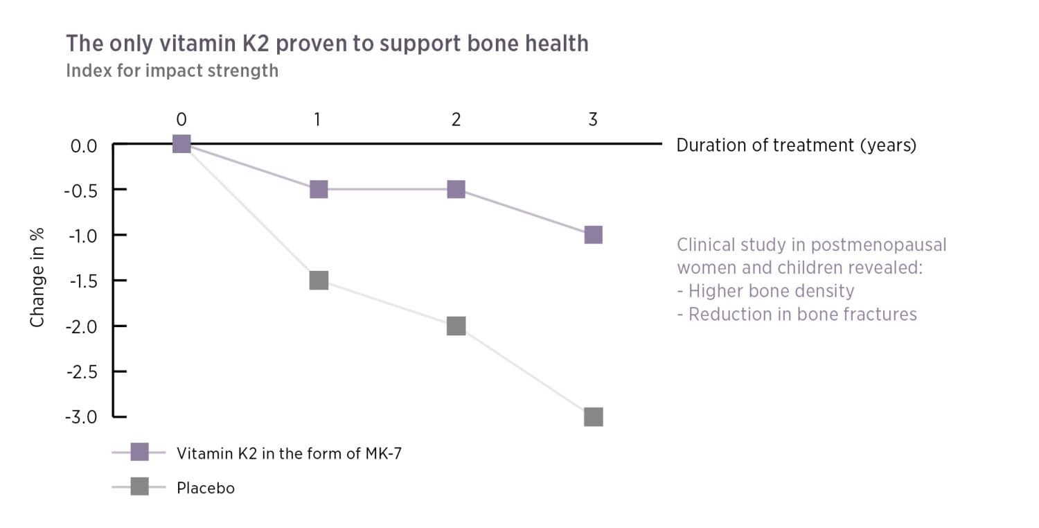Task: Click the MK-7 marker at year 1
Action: [x=318, y=189]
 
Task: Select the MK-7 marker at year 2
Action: [x=456, y=189]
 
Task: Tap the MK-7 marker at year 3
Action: [x=593, y=235]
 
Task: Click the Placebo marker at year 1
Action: [x=318, y=280]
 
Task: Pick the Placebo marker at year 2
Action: [x=456, y=326]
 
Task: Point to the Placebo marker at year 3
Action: [x=593, y=416]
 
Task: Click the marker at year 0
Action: [x=181, y=144]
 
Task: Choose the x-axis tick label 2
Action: [x=456, y=120]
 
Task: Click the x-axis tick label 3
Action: [x=593, y=120]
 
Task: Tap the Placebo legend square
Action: [x=139, y=488]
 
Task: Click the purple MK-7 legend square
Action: [x=139, y=453]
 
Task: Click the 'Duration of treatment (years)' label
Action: [x=796, y=146]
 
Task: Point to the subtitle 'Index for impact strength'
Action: [x=172, y=71]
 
